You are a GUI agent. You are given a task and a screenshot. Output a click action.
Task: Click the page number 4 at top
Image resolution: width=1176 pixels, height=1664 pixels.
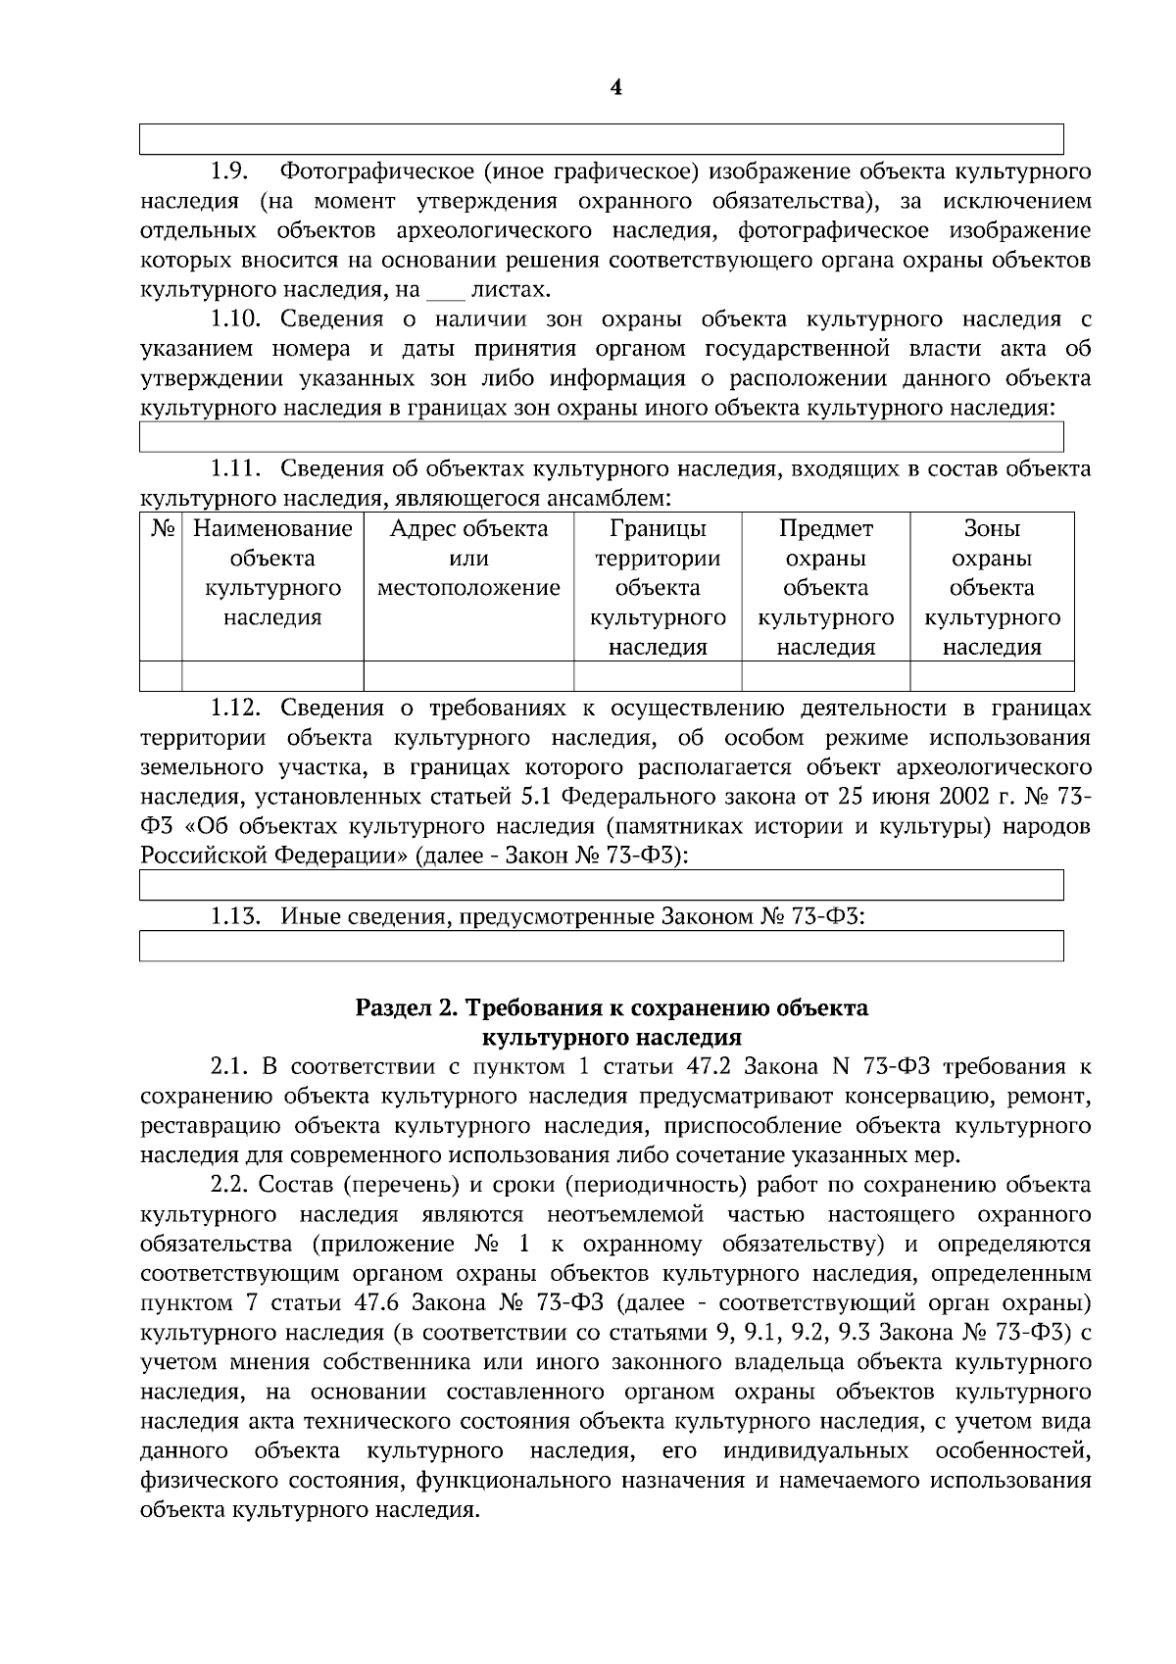pos(615,88)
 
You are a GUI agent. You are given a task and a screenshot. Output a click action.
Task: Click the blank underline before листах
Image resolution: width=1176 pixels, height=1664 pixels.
pos(444,292)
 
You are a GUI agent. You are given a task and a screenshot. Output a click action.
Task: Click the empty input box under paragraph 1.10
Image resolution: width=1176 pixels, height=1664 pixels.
pos(601,437)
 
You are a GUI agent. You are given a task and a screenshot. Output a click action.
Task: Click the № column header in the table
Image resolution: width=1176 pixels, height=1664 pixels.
pos(162,529)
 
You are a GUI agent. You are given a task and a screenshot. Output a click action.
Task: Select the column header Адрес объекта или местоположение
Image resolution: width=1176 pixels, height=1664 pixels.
pos(468,559)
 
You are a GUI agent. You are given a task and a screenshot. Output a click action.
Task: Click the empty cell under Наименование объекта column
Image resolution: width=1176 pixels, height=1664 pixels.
pos(272,676)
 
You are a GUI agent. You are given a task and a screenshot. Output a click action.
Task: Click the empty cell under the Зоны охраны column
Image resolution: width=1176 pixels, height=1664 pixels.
pos(992,676)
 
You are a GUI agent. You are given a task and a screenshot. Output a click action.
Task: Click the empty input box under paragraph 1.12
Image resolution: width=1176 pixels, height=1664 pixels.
pos(601,885)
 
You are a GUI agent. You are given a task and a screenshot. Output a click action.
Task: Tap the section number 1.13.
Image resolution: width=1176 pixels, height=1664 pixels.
pos(235,917)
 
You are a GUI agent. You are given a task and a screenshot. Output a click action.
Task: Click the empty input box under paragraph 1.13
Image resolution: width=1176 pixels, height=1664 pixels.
pos(601,947)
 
